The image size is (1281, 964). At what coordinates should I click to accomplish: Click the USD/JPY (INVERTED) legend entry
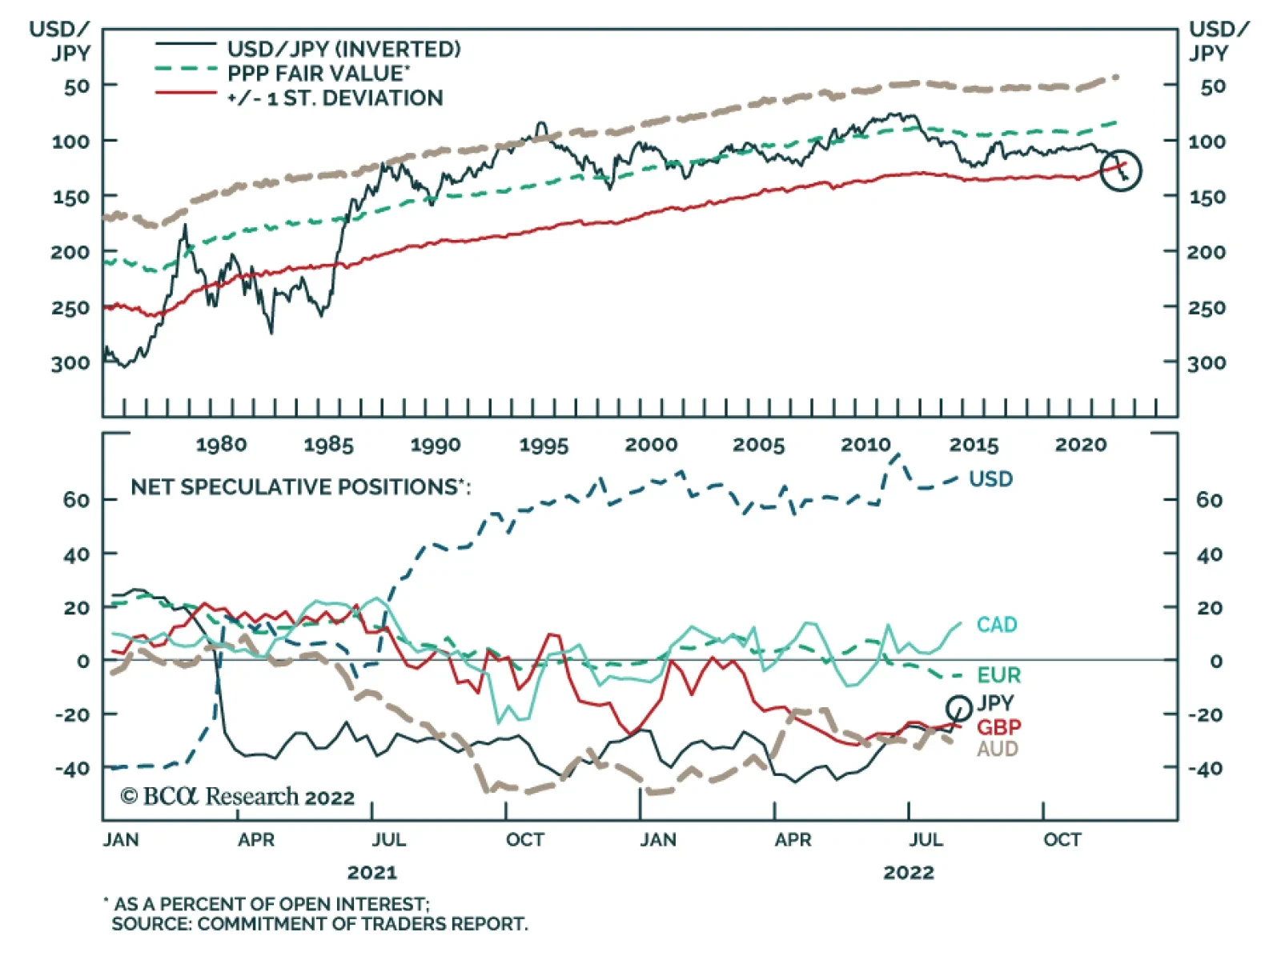343,49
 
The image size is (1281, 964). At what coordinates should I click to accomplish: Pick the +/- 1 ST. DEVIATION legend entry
335,98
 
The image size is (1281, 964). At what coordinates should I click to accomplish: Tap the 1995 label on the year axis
544,445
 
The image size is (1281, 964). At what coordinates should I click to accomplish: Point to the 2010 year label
865,445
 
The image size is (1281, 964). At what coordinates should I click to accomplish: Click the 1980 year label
221,445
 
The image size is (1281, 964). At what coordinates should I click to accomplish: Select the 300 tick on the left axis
70,363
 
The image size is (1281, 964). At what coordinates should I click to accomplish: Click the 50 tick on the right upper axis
1212,86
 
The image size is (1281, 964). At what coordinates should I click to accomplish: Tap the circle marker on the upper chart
1120,170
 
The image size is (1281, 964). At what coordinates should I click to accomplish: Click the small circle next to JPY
958,707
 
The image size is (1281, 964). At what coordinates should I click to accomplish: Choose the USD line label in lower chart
990,479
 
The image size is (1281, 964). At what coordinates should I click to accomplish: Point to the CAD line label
996,625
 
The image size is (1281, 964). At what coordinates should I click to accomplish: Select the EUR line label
998,675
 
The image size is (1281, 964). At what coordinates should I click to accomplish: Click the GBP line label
998,727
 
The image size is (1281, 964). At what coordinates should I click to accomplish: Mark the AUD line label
997,749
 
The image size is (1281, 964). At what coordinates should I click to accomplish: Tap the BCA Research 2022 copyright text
237,797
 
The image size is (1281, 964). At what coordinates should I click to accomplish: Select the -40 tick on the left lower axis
72,769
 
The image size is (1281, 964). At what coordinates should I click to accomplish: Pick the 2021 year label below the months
372,872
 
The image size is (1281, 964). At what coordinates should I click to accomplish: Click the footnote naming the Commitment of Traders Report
319,924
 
